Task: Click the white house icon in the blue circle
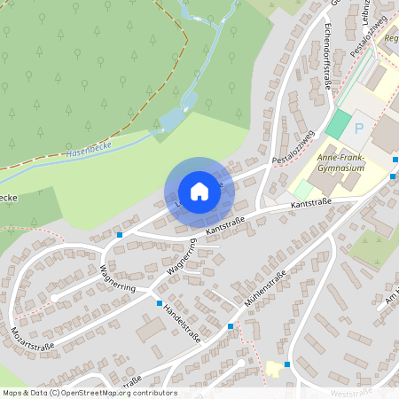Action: click(x=199, y=191)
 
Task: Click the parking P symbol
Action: click(x=359, y=129)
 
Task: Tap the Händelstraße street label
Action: click(x=182, y=326)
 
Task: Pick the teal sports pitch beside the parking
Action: click(x=337, y=123)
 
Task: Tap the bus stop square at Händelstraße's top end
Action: click(x=160, y=303)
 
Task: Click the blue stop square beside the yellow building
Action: click(x=289, y=364)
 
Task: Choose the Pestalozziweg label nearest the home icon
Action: click(x=293, y=147)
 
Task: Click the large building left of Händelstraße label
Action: click(x=150, y=329)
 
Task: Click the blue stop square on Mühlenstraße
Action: click(x=231, y=327)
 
